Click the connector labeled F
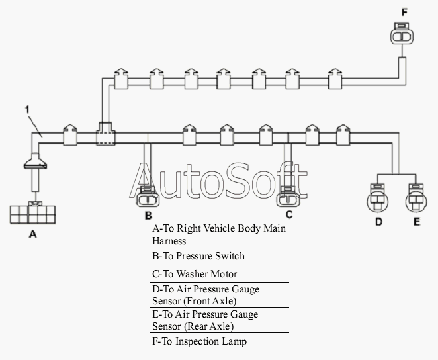click(402, 34)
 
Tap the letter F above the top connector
click(404, 13)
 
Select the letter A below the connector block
click(32, 234)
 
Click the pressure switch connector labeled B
click(148, 197)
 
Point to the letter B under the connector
click(148, 216)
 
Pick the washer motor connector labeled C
click(288, 197)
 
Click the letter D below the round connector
click(378, 222)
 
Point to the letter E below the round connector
click(416, 222)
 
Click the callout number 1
click(27, 110)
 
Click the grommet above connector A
click(35, 161)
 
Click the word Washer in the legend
click(191, 274)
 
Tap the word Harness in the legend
click(169, 241)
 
